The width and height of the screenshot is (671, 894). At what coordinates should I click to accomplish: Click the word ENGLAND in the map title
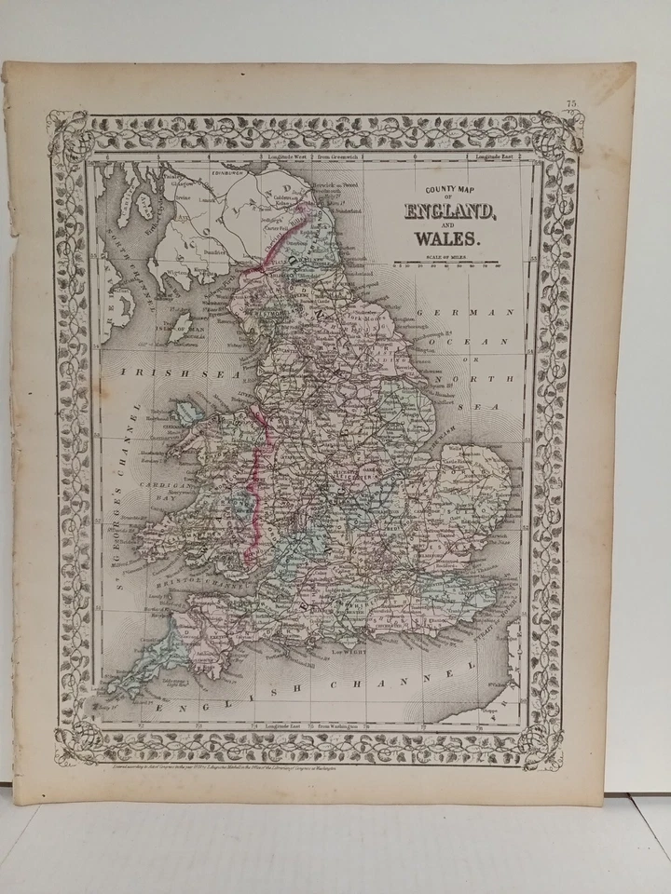[x=450, y=210]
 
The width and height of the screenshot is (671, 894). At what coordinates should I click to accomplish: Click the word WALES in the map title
[x=450, y=237]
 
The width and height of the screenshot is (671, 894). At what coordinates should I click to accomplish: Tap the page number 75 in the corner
[x=571, y=103]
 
